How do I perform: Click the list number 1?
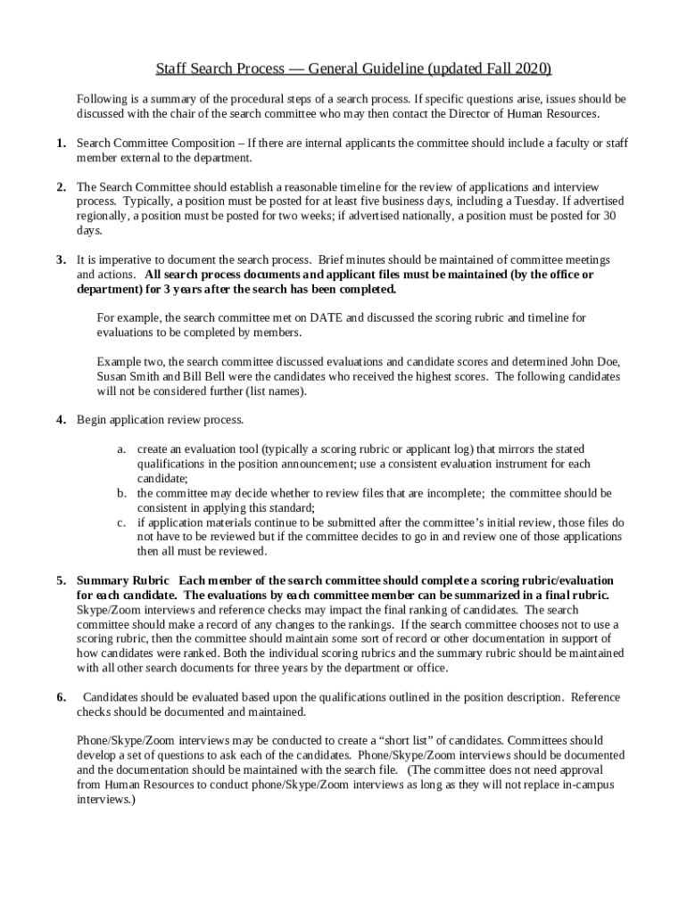[60, 143]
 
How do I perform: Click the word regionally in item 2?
[102, 216]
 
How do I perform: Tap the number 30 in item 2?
[609, 216]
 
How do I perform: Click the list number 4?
[60, 419]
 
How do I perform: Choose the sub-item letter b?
[121, 492]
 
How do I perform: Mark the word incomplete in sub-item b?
[452, 492]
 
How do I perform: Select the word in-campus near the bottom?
[580, 785]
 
